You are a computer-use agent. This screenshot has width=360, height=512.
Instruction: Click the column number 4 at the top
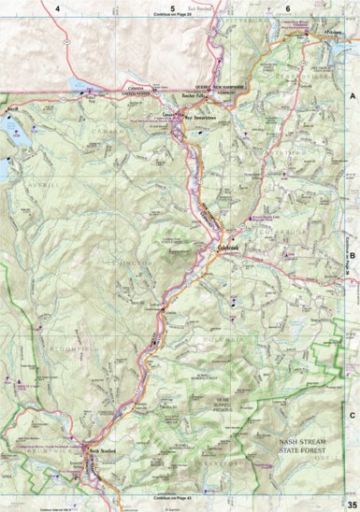(x=58, y=7)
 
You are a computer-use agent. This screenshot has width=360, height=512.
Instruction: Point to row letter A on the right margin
(x=353, y=97)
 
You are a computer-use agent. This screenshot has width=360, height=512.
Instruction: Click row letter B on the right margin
(x=353, y=253)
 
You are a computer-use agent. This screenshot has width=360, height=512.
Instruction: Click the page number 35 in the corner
(x=351, y=505)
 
